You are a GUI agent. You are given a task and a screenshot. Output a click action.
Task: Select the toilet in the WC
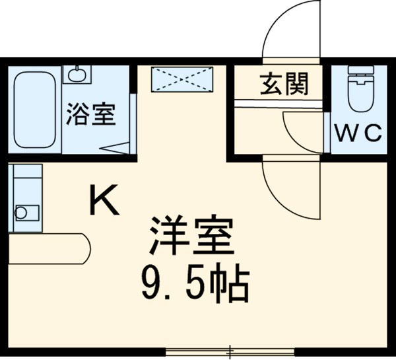click(360, 92)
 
